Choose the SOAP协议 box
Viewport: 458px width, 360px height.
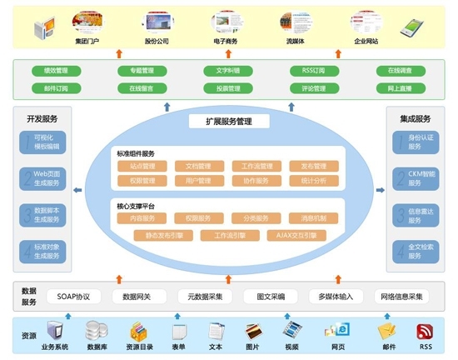click(73, 296)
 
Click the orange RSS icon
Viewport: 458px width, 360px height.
click(426, 331)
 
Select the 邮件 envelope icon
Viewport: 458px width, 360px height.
click(386, 331)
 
